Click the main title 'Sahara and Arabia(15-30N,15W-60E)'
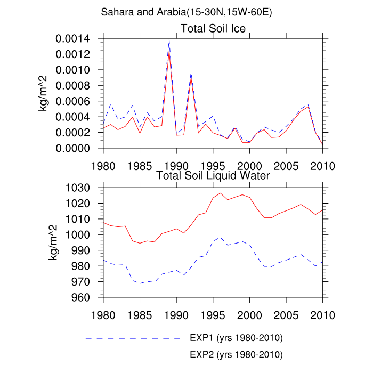(x=186, y=12)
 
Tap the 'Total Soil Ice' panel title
(x=213, y=29)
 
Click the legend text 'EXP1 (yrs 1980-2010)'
(x=236, y=338)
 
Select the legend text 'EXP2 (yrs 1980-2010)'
(x=236, y=354)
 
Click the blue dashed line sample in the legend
(x=133, y=339)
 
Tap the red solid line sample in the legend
(x=133, y=354)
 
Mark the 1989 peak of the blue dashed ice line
(x=169, y=39)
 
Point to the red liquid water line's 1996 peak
(x=221, y=193)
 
